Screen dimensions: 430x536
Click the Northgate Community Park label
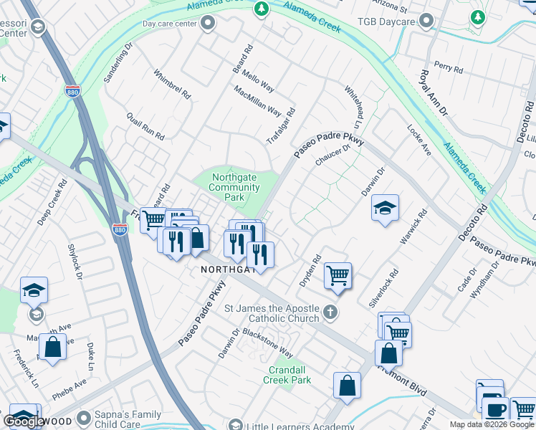click(234, 187)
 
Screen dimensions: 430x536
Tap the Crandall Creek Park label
click(289, 375)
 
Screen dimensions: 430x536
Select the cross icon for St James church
click(330, 312)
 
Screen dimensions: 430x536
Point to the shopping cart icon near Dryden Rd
click(338, 275)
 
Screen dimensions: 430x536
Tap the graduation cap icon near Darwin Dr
click(385, 209)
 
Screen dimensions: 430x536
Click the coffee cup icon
click(495, 410)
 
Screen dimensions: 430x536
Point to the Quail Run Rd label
click(145, 126)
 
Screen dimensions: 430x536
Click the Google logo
click(24, 421)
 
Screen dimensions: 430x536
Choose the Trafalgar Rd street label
click(281, 126)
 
